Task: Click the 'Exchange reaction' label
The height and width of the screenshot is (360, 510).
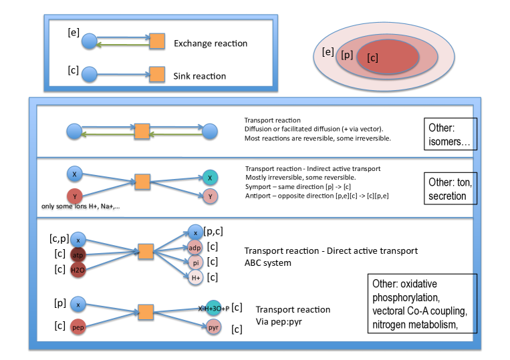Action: [211, 43]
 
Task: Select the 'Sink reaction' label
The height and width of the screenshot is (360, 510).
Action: [199, 76]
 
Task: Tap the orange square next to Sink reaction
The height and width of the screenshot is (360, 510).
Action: [157, 74]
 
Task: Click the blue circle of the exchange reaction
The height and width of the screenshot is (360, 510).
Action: [89, 41]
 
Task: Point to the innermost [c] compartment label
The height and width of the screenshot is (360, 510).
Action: [372, 58]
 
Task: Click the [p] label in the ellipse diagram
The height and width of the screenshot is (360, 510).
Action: [347, 55]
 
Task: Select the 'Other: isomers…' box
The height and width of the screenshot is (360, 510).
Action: [451, 134]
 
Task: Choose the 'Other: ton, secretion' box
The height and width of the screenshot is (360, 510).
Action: [451, 188]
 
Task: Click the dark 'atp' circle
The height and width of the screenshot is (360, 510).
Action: [78, 255]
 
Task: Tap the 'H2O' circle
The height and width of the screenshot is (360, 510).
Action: [78, 270]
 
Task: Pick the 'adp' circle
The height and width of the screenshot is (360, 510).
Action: [195, 248]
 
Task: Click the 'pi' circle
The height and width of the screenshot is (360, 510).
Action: [195, 262]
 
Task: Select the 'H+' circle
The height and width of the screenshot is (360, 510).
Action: [195, 278]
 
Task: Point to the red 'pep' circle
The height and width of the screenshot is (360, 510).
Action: [78, 327]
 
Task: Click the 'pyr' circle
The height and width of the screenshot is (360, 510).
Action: [213, 327]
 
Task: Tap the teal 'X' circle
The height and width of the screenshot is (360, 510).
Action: [210, 178]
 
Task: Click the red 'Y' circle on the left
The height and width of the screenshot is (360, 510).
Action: [74, 196]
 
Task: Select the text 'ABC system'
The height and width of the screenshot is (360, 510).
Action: [267, 263]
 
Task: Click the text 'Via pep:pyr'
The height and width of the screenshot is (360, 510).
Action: [279, 322]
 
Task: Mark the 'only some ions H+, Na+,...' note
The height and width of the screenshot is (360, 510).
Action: [81, 206]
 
